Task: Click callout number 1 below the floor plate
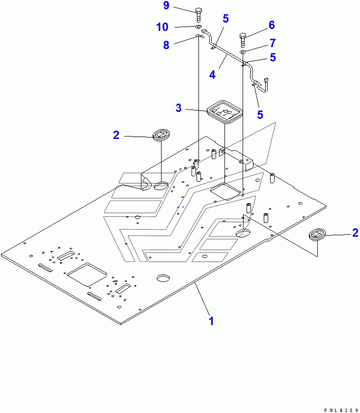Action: tap(211, 321)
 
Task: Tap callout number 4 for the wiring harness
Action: tap(212, 75)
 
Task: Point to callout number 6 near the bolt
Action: tap(271, 25)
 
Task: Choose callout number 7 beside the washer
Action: tap(272, 43)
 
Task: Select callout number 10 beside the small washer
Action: tap(163, 27)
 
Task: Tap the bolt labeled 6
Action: tap(244, 37)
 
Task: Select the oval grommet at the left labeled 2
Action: tap(161, 135)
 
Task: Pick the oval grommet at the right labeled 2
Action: tap(318, 234)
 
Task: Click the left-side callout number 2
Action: tap(116, 135)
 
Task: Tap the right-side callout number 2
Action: tap(355, 233)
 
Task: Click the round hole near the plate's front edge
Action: tap(163, 278)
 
